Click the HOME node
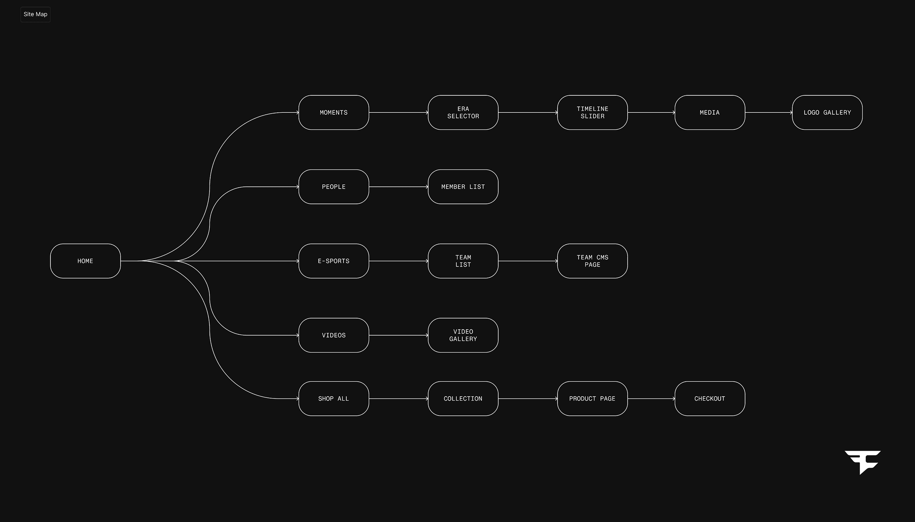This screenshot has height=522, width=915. tap(85, 261)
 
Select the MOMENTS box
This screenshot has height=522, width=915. tap(334, 112)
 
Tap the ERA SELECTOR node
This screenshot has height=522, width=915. tap(463, 112)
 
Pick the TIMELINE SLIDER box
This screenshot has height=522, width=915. tap(592, 112)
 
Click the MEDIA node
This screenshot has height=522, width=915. tap(710, 112)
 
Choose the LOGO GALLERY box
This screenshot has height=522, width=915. tap(827, 112)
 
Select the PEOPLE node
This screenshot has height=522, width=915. tap(334, 187)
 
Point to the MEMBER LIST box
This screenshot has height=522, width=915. tap(463, 187)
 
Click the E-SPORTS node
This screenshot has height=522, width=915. tap(334, 261)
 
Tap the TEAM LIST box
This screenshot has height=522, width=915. tap(463, 261)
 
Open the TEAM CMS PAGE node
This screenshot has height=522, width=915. tap(592, 261)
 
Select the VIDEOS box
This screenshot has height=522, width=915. tap(334, 335)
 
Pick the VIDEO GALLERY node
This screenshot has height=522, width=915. tap(463, 335)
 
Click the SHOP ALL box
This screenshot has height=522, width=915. tap(334, 399)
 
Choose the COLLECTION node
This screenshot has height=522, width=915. tap(463, 399)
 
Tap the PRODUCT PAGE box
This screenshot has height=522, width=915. tap(592, 399)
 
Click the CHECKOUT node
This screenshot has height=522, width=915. tap(710, 399)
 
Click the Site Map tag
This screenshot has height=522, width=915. tap(35, 15)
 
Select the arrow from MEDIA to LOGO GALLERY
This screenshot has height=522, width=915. tap(768, 112)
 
